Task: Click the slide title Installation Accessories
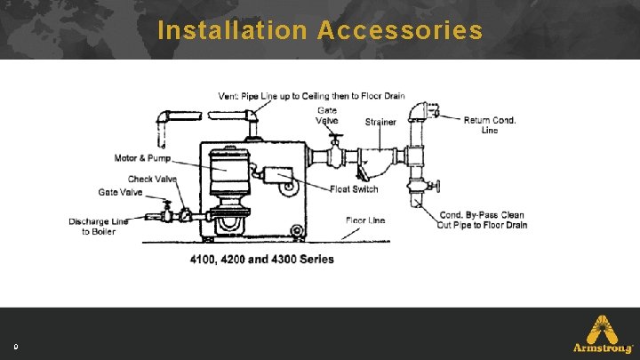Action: (320, 31)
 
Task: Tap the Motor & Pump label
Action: (142, 159)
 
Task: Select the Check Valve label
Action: (153, 179)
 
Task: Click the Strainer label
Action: (380, 122)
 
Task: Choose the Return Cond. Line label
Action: (489, 125)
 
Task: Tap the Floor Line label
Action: (365, 220)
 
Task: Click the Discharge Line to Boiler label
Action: (99, 227)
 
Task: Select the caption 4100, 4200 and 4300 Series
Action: (261, 260)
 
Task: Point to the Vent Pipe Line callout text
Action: (311, 96)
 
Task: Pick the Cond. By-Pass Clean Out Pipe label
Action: (483, 220)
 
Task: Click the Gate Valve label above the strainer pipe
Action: (326, 116)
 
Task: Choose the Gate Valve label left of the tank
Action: (120, 192)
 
